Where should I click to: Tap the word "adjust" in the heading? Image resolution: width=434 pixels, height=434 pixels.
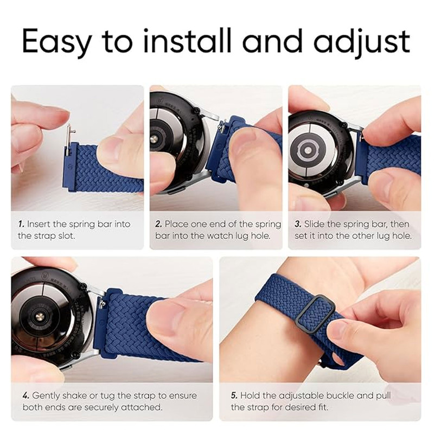point(362,42)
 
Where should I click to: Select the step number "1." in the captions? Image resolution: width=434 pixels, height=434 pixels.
point(21,224)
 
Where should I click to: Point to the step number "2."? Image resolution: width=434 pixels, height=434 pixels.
point(158,224)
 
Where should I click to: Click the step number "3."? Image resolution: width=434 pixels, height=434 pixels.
point(298,224)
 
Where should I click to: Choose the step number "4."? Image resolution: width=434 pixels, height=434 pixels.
point(26,395)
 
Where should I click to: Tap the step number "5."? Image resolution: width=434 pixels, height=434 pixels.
point(234,395)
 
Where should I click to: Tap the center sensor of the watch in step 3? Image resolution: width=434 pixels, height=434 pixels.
point(308,150)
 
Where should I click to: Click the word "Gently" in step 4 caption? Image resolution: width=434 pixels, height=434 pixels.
point(46,396)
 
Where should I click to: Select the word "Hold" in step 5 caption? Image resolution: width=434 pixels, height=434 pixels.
point(250,395)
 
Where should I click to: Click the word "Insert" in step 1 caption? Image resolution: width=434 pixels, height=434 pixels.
point(38,224)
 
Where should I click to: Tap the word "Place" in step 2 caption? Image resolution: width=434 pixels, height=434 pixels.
point(177,224)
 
